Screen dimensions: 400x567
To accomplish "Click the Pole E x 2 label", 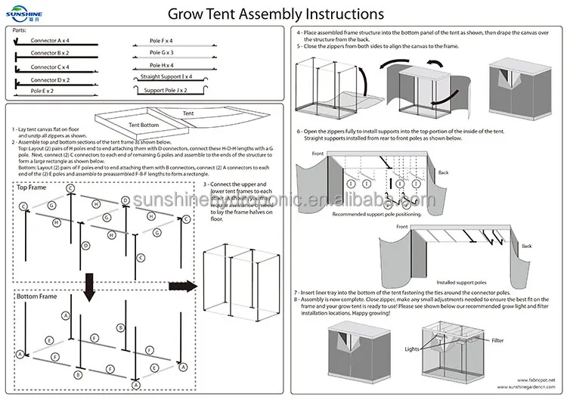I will [x=42, y=91].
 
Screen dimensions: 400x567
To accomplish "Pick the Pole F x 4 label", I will [x=162, y=40].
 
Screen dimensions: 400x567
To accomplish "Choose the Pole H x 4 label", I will [x=162, y=65].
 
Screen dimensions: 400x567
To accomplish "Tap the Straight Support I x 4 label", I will [x=165, y=77].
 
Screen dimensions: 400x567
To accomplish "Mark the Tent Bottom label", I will [x=144, y=125].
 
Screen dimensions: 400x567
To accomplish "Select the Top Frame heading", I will [x=32, y=187].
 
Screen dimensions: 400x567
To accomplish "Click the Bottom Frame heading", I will [x=37, y=296].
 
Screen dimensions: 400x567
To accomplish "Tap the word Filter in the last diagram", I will [x=497, y=340].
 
